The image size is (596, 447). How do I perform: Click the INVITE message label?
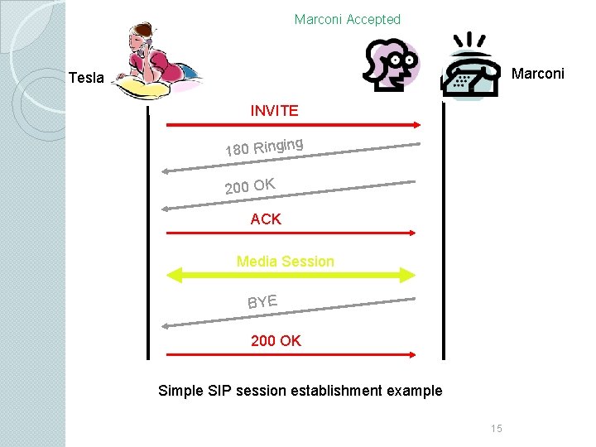(274, 111)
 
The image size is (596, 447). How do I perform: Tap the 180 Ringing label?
(264, 147)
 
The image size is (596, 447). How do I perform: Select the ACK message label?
(266, 219)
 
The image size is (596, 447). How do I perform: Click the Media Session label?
(285, 262)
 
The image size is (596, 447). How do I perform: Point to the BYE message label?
(262, 302)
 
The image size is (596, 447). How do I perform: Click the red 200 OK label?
(276, 340)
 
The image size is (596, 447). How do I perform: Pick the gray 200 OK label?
(250, 186)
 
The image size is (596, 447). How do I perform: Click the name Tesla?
(86, 78)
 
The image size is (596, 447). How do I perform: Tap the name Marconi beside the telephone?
(537, 74)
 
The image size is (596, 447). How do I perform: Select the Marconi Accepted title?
(348, 19)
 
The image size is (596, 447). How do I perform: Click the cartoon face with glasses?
(392, 65)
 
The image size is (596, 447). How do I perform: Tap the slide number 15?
(497, 429)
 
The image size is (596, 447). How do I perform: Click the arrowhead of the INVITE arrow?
(417, 125)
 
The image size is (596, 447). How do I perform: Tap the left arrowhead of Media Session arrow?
(175, 275)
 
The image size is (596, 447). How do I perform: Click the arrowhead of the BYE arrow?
(165, 326)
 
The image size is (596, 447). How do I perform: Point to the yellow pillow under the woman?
(142, 88)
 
